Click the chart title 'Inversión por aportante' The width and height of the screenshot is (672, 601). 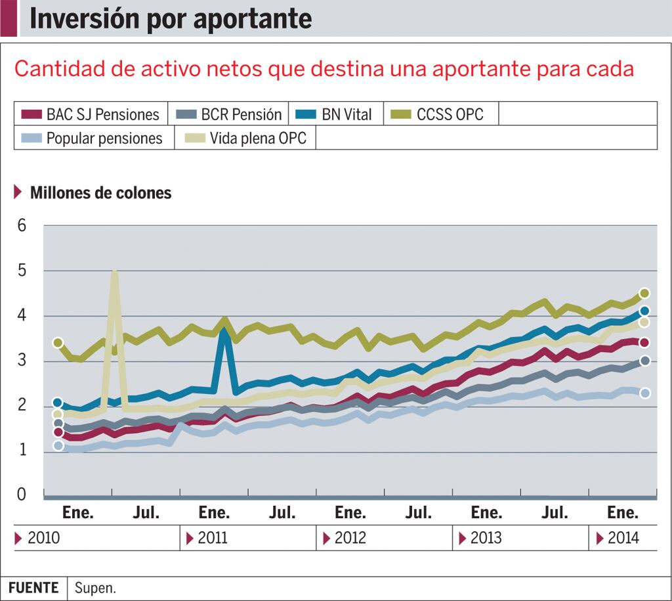[x=171, y=18]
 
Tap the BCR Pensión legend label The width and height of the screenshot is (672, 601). [x=241, y=114]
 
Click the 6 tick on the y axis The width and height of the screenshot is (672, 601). [x=22, y=225]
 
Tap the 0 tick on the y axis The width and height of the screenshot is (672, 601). [x=22, y=494]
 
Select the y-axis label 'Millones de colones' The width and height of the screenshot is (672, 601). [x=100, y=193]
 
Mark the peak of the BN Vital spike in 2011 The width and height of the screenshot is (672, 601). [x=224, y=332]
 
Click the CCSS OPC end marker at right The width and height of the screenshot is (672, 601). [x=644, y=293]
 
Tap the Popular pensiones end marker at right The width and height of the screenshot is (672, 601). [x=644, y=393]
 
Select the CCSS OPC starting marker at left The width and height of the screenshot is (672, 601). [x=58, y=343]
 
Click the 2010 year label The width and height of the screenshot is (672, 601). [x=43, y=539]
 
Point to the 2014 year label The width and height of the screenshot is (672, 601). [x=623, y=539]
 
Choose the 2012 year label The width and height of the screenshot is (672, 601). [x=350, y=539]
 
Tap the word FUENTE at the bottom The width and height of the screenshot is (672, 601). [x=33, y=588]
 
